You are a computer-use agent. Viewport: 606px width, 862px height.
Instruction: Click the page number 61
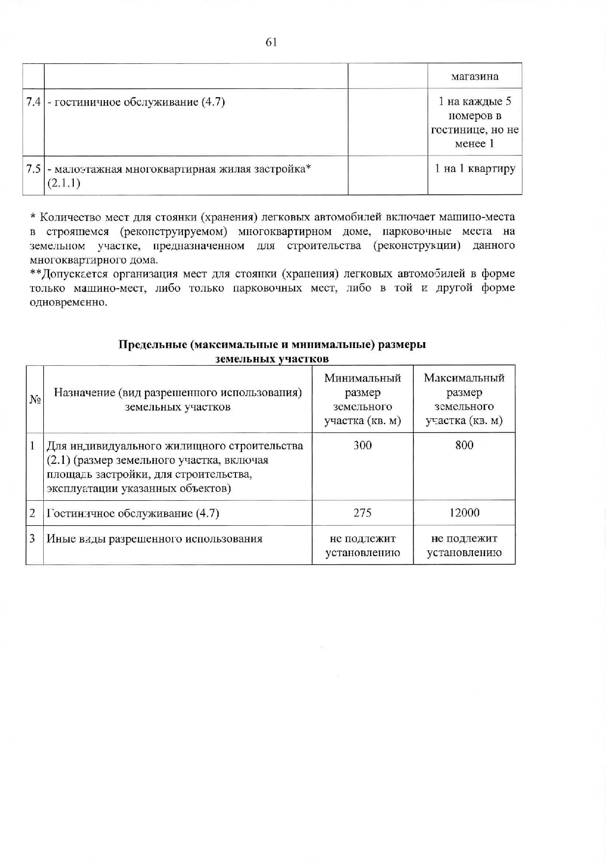coord(271,42)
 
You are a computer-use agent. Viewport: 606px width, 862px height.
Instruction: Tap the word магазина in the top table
coord(474,77)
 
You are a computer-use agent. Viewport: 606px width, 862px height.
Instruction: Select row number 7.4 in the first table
coord(33,102)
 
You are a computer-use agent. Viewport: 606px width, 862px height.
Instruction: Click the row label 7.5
coord(33,169)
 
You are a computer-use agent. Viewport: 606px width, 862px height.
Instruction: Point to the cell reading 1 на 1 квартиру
coord(475,169)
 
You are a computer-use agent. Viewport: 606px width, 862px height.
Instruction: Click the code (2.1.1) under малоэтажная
coord(63,184)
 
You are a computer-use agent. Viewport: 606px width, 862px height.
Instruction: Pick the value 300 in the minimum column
coord(363,445)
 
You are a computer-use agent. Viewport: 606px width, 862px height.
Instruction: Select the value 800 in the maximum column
coord(464,445)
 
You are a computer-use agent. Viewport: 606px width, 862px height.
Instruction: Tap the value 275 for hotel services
coord(363,513)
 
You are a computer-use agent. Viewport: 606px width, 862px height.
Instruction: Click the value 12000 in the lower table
coord(464,513)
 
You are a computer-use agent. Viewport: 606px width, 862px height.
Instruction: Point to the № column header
coord(34,400)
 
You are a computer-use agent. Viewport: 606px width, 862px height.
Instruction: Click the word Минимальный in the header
coord(363,378)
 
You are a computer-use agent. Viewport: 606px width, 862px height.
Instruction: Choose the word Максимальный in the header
coord(464,378)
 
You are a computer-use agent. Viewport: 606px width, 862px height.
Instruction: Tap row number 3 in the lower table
coord(32,539)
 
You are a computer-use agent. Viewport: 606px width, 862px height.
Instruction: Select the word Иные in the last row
coord(58,539)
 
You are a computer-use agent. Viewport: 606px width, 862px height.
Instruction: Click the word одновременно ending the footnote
coord(67,302)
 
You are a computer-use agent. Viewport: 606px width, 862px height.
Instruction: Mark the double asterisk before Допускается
coord(34,273)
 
